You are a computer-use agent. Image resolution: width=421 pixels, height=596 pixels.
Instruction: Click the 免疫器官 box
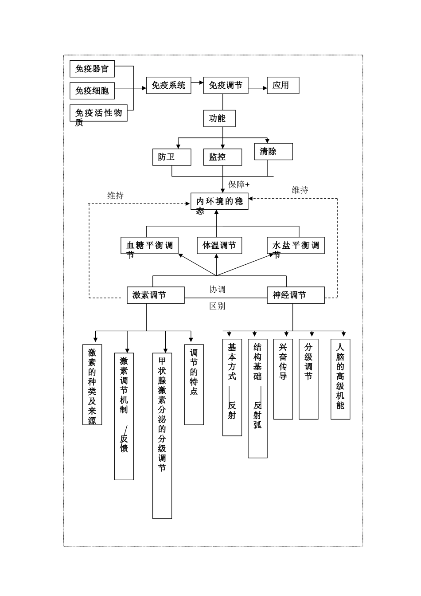tap(92, 69)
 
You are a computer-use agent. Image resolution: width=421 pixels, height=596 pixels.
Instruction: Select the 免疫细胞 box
tap(92, 91)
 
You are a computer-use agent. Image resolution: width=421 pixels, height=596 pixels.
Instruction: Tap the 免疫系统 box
tap(168, 85)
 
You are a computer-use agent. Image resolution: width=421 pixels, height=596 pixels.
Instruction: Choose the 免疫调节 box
tap(226, 85)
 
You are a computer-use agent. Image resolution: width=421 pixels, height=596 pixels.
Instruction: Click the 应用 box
tap(283, 85)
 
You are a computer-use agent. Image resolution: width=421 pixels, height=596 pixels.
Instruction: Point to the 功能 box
tap(219, 118)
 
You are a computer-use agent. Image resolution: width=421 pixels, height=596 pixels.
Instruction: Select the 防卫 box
tap(172, 157)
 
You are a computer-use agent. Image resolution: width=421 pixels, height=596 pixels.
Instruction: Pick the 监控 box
tap(222, 157)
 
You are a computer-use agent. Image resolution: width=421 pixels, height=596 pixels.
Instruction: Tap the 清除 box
tap(273, 151)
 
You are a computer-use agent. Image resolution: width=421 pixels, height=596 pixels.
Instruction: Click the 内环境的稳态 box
tap(219, 202)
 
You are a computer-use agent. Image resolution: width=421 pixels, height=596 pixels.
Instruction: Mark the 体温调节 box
tap(219, 245)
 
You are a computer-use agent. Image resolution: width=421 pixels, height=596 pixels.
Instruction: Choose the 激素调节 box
tap(156, 295)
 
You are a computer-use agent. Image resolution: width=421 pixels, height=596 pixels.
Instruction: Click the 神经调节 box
tap(296, 295)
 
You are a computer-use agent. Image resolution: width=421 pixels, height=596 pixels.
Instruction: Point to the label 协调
tap(217, 289)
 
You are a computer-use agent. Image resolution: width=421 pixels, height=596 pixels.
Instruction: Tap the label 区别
tap(217, 306)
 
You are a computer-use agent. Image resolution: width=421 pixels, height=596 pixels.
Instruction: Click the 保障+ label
tap(239, 184)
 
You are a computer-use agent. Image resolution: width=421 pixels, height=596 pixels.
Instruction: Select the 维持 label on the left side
tap(115, 196)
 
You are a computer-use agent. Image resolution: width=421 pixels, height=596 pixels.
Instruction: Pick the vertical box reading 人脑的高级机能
tap(340, 379)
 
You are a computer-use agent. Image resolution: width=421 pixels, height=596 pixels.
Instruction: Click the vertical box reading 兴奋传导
tap(283, 379)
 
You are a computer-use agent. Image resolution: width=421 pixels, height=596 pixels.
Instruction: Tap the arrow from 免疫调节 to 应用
tap(257, 88)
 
